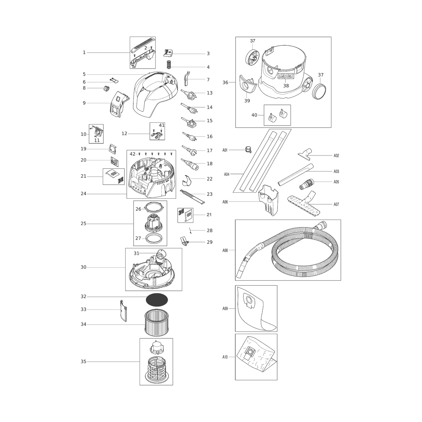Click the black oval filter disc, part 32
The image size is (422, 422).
(x=157, y=300)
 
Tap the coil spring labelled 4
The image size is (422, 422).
(x=169, y=64)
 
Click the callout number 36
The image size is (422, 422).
(x=225, y=83)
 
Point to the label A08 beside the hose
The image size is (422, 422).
(x=225, y=250)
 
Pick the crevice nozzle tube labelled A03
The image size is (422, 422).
(x=296, y=174)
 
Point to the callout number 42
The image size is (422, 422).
(x=133, y=154)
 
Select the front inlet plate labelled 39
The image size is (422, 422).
(x=248, y=85)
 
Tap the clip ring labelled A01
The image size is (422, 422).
(x=248, y=149)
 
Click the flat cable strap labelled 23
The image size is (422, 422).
(x=192, y=197)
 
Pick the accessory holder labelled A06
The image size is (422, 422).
(x=268, y=200)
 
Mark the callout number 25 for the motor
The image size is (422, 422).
(x=83, y=224)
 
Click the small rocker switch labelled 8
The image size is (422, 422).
(x=107, y=89)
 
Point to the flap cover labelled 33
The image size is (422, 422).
(x=123, y=311)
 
